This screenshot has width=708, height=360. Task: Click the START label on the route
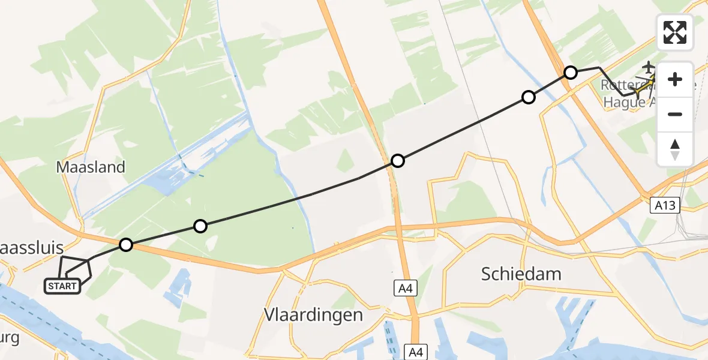point(62,286)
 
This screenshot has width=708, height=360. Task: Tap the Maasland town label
point(91,167)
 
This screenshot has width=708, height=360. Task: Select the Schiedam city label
point(521,274)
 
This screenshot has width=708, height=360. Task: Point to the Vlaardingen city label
point(313,314)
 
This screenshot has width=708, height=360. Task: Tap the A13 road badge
point(665,206)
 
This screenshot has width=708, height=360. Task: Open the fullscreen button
point(675,32)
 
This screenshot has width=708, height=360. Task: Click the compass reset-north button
point(675,149)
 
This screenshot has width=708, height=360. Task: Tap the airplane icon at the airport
point(649,67)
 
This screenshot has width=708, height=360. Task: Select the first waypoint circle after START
point(125,245)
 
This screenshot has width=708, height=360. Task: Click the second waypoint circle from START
point(200,226)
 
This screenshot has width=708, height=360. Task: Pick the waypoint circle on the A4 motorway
point(398,161)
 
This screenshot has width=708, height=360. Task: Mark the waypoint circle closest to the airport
point(571,73)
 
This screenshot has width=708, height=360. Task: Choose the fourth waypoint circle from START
point(528,97)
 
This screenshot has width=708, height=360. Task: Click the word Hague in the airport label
point(620,102)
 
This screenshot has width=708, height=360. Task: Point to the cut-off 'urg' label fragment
point(10,337)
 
